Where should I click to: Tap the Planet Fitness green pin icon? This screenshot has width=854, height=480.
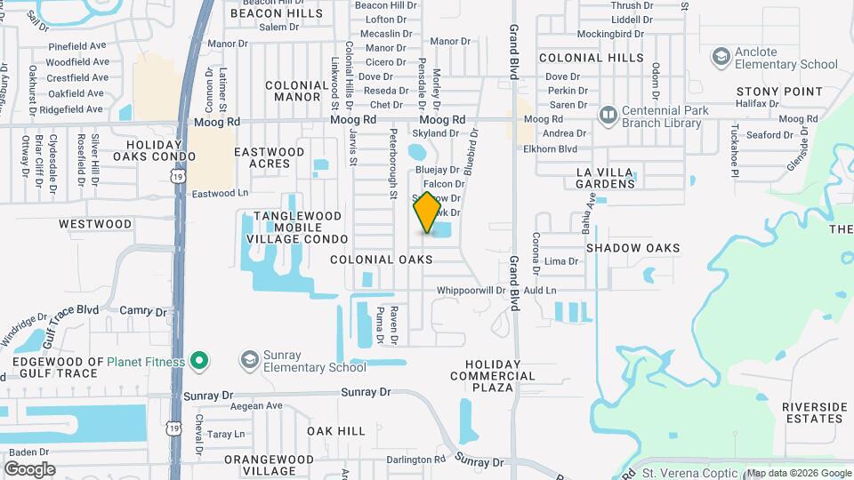coord(200,362)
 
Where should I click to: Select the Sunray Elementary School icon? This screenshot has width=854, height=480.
coord(250,361)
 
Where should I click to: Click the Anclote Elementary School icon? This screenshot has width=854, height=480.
coord(721,58)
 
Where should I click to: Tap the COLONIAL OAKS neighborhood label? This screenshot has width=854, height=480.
coord(382,260)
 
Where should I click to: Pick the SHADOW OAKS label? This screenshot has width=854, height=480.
coord(632,248)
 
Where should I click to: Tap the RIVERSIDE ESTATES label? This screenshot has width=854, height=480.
coord(814,412)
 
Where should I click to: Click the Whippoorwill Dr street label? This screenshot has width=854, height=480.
coord(471,291)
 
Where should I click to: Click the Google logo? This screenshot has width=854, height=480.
coord(29,469)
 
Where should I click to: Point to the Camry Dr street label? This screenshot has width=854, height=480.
coord(143,311)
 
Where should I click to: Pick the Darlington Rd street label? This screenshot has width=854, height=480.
coord(415,459)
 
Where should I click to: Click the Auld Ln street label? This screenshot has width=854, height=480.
coord(539,291)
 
